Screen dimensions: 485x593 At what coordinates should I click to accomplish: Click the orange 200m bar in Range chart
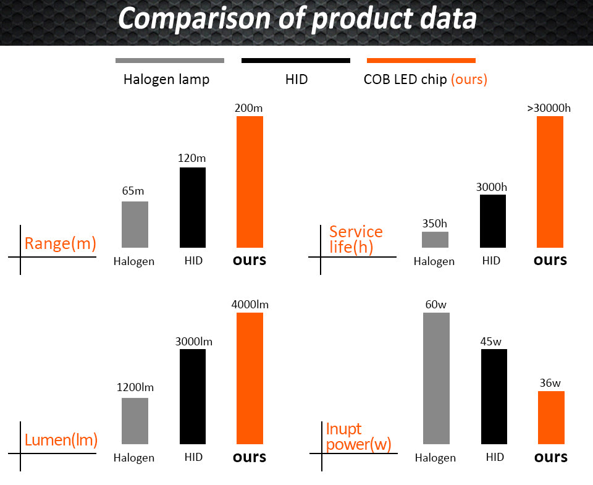(250, 182)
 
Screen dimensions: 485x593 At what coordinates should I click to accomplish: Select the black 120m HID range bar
(192, 208)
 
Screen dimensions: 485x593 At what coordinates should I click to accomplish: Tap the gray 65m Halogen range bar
(135, 224)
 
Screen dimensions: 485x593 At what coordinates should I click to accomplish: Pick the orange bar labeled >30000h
(550, 182)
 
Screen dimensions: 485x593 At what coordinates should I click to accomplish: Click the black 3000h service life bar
(492, 221)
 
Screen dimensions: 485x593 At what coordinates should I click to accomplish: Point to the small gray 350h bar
(435, 239)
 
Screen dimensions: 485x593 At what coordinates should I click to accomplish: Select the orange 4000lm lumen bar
(250, 378)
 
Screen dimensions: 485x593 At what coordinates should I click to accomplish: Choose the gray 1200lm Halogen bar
(135, 421)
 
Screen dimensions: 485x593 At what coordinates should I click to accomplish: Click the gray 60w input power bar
(436, 378)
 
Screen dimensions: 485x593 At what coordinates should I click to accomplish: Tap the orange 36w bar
(551, 418)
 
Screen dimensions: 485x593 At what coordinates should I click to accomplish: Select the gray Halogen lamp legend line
(169, 61)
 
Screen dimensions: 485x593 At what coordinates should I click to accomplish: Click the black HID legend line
(295, 61)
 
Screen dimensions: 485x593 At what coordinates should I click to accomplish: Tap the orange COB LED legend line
(421, 61)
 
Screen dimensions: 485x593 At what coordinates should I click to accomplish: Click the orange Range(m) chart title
(60, 243)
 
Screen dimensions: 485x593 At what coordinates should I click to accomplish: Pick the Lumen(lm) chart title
(61, 441)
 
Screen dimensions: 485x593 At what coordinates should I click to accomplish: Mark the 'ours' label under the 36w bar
(550, 457)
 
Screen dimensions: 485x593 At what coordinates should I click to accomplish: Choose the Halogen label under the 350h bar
(434, 261)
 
